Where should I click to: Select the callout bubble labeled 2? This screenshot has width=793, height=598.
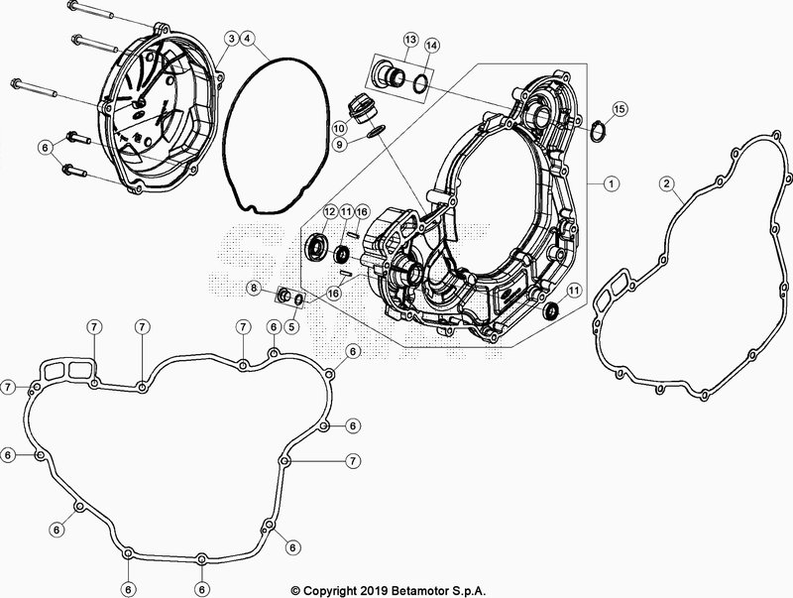(x=667, y=183)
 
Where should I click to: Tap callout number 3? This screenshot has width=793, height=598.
(x=230, y=39)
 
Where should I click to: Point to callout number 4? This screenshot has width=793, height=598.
(x=248, y=39)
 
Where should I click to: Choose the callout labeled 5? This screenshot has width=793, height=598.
(x=292, y=325)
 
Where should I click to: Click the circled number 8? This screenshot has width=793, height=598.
(x=254, y=288)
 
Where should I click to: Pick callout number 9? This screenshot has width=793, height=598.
(x=339, y=145)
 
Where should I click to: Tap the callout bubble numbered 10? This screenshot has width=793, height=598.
(x=339, y=128)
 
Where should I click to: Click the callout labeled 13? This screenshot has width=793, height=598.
(x=411, y=39)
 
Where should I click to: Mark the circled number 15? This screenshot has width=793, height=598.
(x=620, y=107)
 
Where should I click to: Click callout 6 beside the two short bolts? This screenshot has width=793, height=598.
(x=44, y=147)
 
